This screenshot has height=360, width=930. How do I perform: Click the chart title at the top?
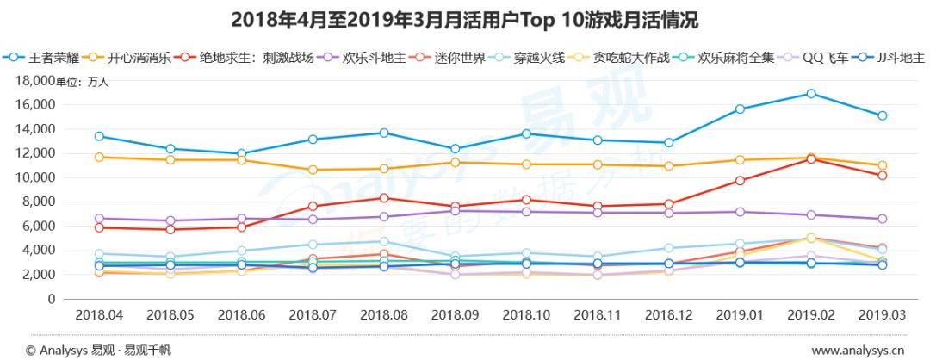click(x=464, y=19)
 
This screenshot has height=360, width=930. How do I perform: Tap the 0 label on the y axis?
click(x=53, y=299)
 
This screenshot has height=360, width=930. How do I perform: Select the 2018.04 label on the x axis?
click(x=99, y=315)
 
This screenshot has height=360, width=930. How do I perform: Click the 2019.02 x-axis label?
click(x=810, y=315)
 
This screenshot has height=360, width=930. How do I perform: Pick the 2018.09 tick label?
click(x=455, y=315)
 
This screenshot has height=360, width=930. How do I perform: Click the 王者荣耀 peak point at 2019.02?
click(x=810, y=93)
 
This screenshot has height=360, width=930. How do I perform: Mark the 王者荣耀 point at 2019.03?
click(x=882, y=115)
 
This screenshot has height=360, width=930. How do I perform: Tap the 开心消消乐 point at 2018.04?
click(x=99, y=157)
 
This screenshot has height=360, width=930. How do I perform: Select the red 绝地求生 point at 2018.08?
click(x=383, y=198)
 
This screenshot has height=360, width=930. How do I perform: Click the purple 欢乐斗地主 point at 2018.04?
click(x=99, y=219)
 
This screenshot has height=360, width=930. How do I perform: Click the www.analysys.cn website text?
click(x=858, y=350)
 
